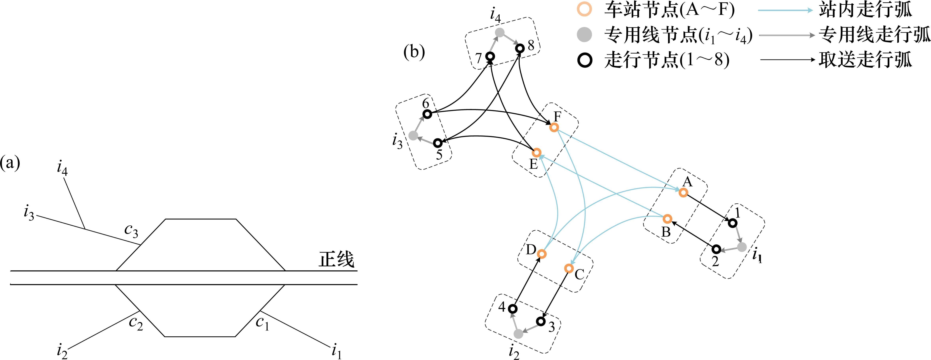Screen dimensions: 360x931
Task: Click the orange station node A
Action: tap(683, 192)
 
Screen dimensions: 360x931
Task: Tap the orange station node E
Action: tap(537, 152)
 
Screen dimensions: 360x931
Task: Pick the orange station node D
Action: tap(541, 254)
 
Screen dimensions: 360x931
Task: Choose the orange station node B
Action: tap(667, 219)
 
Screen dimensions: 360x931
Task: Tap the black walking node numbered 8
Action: tap(520, 48)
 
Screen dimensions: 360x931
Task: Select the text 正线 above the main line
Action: tap(336, 259)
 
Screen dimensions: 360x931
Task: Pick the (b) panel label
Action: tap(414, 52)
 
